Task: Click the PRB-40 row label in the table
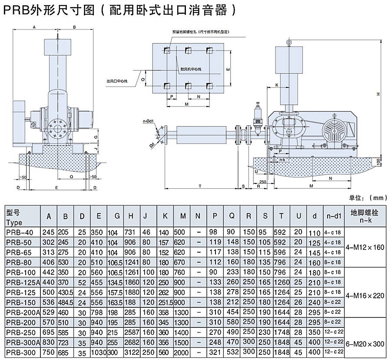coord(23,232)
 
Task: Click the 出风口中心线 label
coord(116,81)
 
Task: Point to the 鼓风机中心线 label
coord(191,69)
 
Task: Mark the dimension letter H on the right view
coord(378,94)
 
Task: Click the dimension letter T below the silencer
coord(200,186)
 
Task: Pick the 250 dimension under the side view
coord(262,182)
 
